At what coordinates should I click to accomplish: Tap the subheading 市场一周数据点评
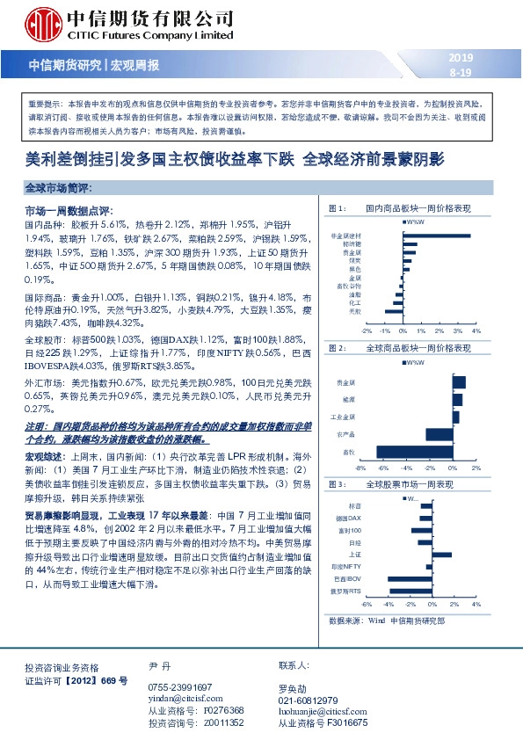point(66,212)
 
